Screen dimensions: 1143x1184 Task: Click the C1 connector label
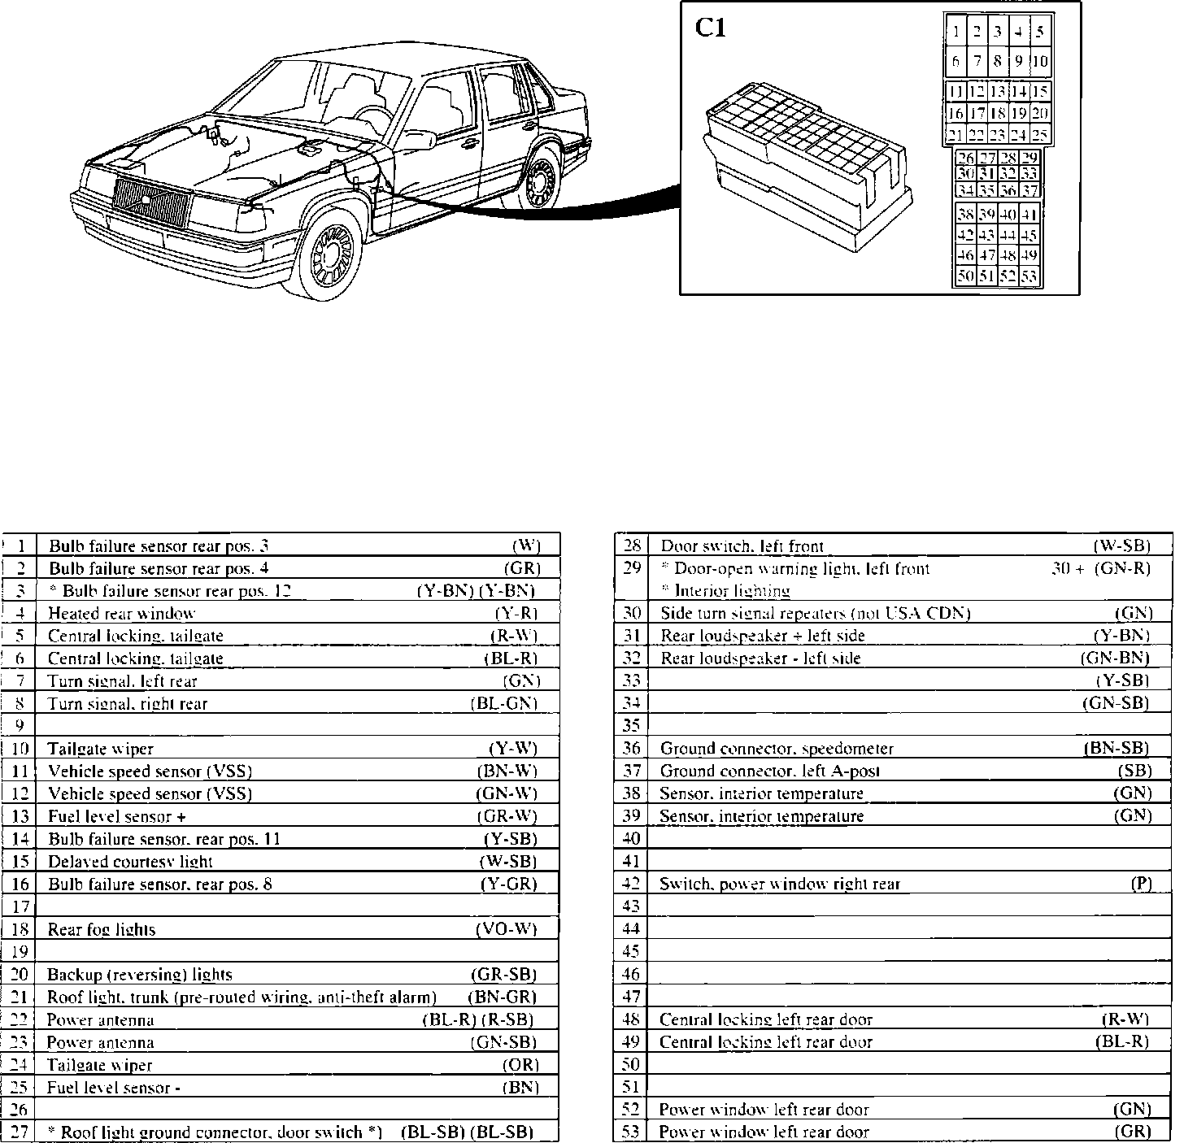tap(710, 29)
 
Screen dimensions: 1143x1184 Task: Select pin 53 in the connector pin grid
tap(1029, 276)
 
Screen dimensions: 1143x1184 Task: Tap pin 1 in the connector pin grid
tap(956, 33)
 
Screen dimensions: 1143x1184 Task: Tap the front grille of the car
tap(151, 202)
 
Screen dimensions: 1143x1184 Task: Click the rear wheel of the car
tap(538, 182)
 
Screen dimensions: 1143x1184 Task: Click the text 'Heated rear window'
tap(121, 614)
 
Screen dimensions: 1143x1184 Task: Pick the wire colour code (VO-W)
tap(506, 929)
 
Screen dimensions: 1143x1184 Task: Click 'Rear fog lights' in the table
tap(102, 929)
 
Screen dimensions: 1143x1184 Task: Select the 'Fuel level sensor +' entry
tap(117, 816)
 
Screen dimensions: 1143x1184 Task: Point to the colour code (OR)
tap(520, 1064)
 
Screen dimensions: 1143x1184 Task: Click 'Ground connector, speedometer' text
tap(777, 749)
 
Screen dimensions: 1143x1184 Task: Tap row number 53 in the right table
tap(631, 1132)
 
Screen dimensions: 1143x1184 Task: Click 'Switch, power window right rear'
tap(780, 884)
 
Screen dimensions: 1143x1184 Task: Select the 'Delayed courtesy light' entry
tap(130, 862)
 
